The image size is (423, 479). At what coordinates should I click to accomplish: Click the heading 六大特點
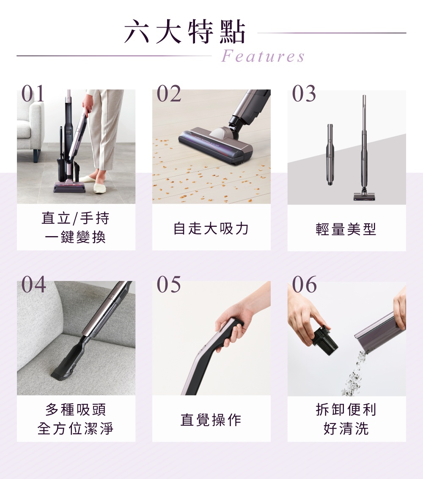tap(185, 31)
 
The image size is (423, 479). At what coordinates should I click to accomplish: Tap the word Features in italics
tap(263, 56)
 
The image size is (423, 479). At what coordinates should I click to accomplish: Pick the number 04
tap(33, 284)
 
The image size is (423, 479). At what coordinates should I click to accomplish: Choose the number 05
tap(169, 284)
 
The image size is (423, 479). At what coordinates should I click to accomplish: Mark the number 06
tap(304, 284)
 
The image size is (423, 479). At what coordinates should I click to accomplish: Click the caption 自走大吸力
tap(211, 228)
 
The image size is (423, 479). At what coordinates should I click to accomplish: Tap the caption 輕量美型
tap(346, 229)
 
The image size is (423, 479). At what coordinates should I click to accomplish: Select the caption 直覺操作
tap(211, 420)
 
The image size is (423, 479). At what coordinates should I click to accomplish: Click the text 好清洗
tap(346, 429)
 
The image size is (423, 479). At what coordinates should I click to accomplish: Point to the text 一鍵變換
tap(75, 237)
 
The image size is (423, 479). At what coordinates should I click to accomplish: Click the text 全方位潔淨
tap(75, 429)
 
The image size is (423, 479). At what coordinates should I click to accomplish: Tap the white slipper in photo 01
tap(100, 187)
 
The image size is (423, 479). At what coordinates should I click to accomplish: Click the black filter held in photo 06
tap(325, 340)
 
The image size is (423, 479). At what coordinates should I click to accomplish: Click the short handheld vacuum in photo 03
tap(330, 154)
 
